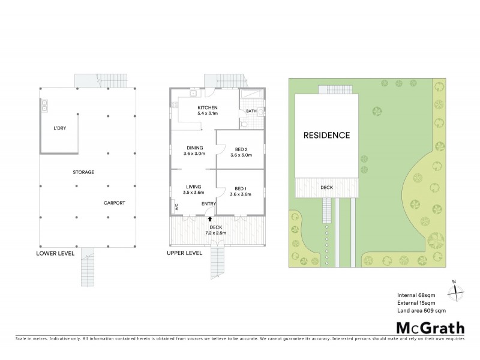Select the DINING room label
click(x=194, y=148)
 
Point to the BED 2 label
click(x=241, y=148)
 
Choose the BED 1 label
click(x=241, y=187)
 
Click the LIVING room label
click(x=194, y=187)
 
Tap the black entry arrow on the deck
click(x=209, y=220)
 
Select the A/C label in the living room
click(x=176, y=207)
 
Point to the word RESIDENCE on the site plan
click(x=326, y=135)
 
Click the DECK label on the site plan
click(x=326, y=188)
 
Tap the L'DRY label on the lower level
click(x=60, y=128)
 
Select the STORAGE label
click(x=83, y=172)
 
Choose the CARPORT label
click(x=114, y=203)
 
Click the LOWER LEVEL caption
click(x=56, y=253)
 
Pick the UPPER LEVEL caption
click(x=185, y=253)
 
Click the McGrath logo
click(x=430, y=328)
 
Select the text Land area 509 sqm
click(x=421, y=311)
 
